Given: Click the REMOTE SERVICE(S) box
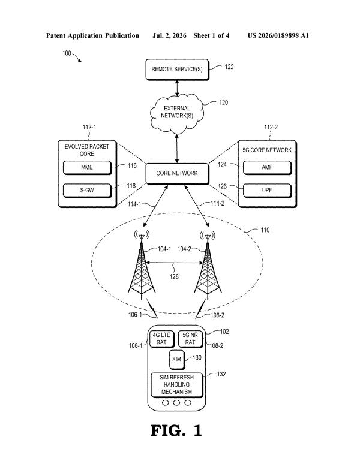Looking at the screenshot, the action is tap(178, 70).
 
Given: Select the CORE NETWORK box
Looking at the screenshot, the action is tap(178, 174).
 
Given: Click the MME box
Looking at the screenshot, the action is tap(88, 168).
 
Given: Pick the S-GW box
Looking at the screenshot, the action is tap(88, 191).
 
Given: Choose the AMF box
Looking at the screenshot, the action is tap(268, 168).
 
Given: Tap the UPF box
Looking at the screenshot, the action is tap(268, 191).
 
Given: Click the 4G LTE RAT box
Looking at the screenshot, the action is tap(161, 339).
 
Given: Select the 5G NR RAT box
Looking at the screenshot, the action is tap(190, 339).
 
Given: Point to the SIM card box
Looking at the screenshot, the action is tap(177, 360).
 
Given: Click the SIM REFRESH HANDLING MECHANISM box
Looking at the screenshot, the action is tap(177, 385).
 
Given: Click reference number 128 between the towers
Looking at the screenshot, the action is tap(174, 276).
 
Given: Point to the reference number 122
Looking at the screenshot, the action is tap(229, 67).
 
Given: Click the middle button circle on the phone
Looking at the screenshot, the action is tap(177, 403).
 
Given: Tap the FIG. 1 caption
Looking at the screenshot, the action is tap(176, 430).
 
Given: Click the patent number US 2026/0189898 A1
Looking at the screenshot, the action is tap(278, 36).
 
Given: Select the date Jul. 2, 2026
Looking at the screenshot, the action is tap(169, 36).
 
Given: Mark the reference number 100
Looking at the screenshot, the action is tap(67, 53).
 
